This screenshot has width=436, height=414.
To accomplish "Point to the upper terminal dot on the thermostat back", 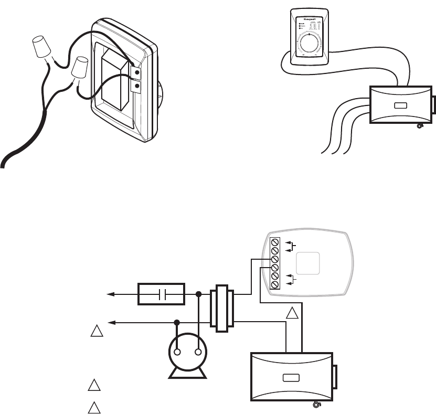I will click(137, 72).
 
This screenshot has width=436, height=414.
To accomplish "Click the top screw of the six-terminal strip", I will click(274, 242).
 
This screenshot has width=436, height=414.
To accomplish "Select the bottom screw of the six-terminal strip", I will click(274, 284).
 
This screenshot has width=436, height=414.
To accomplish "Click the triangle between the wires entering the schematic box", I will click(293, 315).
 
